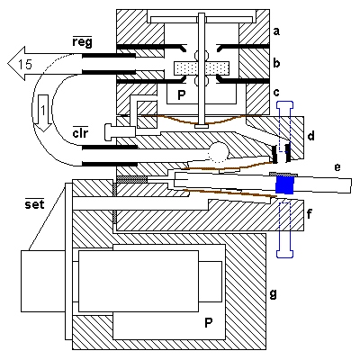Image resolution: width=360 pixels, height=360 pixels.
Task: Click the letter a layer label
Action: [x=276, y=31]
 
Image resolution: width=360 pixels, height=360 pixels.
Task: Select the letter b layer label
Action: [x=276, y=63]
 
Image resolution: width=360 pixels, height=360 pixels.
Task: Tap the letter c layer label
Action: [x=276, y=93]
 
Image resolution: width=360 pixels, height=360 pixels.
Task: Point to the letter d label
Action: [x=311, y=136]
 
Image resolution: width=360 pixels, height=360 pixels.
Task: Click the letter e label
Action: [x=337, y=167]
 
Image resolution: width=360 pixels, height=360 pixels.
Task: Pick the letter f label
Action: [x=310, y=214]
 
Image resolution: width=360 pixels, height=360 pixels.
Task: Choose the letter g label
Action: [x=273, y=294]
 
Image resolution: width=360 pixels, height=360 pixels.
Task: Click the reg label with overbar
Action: [x=82, y=41]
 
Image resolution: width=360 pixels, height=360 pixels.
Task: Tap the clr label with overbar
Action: [x=80, y=131]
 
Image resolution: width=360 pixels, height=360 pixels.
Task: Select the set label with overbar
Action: [x=34, y=203]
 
